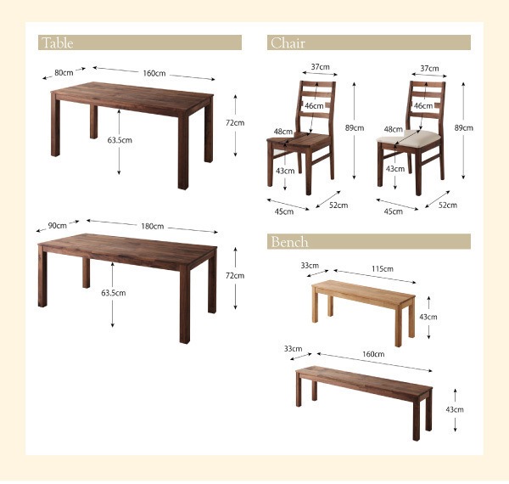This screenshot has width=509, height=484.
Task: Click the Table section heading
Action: (x=57, y=43)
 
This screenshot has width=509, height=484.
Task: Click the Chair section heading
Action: (x=288, y=43)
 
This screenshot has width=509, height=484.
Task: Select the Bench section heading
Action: (x=289, y=242)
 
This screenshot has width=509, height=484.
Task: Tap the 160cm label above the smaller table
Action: (x=154, y=73)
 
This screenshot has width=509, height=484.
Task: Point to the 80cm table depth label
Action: (x=63, y=73)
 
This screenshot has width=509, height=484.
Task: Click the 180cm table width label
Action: (x=153, y=227)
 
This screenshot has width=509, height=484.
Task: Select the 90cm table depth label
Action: (x=58, y=226)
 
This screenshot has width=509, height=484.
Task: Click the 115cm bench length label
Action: (x=382, y=269)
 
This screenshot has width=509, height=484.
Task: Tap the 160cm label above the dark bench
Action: (x=374, y=354)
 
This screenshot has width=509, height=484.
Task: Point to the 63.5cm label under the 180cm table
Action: (x=113, y=293)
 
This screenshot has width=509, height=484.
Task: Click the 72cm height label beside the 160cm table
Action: (x=234, y=123)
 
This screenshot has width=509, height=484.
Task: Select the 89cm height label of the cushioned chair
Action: (x=464, y=127)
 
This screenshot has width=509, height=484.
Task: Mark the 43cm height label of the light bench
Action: (x=428, y=317)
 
